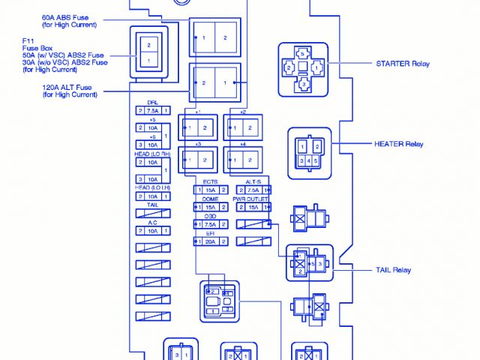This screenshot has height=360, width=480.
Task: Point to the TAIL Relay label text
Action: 393,270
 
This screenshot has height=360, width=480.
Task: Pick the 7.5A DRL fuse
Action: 152,110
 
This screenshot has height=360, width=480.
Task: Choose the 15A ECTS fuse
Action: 211,190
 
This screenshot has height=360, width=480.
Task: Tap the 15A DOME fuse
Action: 211,207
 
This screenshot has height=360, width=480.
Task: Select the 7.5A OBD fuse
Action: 211,224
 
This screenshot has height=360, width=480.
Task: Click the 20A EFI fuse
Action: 211,241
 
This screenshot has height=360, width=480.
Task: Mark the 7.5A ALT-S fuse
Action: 253,190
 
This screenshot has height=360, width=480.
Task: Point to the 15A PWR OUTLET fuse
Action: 253,207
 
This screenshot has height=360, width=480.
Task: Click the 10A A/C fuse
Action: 152,231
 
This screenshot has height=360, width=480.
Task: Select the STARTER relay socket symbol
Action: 304,70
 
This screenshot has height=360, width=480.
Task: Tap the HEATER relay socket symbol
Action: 309,153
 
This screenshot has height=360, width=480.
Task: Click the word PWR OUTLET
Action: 253,199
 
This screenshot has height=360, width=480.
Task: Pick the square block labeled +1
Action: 199,129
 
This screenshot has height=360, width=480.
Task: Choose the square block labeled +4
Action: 243,160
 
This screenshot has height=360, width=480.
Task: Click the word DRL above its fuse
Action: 152,102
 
